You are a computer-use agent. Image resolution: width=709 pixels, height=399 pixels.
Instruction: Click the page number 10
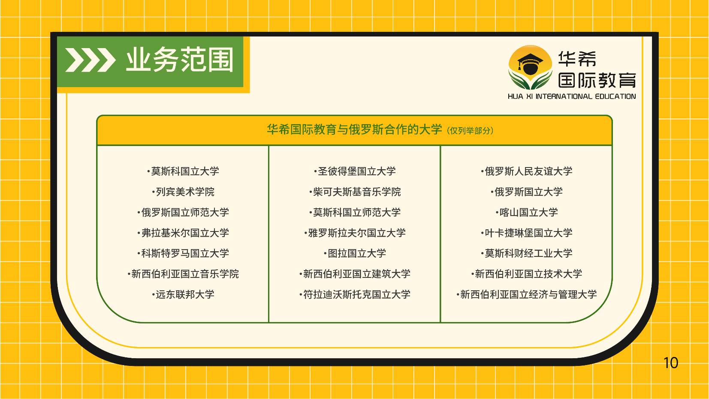[x=671, y=363]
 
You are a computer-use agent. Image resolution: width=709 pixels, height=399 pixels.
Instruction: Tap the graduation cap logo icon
[x=530, y=67]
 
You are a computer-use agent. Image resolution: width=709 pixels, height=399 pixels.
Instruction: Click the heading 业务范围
[x=180, y=60]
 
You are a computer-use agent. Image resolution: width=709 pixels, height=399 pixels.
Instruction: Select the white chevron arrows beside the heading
[x=90, y=60]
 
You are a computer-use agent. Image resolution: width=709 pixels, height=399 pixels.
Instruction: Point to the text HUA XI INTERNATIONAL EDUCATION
[x=572, y=96]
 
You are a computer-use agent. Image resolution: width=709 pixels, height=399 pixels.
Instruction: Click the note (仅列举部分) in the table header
[x=470, y=131]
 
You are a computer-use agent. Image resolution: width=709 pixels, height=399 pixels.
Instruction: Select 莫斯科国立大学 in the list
[x=183, y=171]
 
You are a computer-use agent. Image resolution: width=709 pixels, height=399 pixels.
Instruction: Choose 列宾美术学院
[x=183, y=192]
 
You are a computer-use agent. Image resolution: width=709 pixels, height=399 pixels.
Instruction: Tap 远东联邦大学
[x=183, y=294]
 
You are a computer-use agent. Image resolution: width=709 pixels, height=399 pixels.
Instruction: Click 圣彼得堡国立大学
[x=355, y=171]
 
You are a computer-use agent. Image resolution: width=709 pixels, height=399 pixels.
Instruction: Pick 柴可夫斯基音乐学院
[x=355, y=192]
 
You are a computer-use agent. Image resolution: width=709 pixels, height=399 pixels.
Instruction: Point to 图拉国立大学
[x=355, y=253]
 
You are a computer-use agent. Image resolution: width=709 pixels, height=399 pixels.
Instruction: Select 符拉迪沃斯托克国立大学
[x=355, y=294]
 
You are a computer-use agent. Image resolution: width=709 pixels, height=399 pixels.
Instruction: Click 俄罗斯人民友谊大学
[x=527, y=171]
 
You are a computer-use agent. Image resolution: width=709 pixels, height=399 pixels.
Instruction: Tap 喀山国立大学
[x=527, y=212]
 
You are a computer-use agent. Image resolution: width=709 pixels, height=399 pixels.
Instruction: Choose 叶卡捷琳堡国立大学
[x=527, y=233]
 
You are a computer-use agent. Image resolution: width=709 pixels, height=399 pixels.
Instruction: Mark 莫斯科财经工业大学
[x=527, y=253]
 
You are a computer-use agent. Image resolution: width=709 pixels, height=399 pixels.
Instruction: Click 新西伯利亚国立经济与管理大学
[x=527, y=294]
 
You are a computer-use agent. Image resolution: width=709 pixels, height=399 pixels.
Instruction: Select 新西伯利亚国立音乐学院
[x=183, y=274]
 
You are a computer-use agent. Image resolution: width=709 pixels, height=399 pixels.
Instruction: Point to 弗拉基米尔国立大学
[x=183, y=233]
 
